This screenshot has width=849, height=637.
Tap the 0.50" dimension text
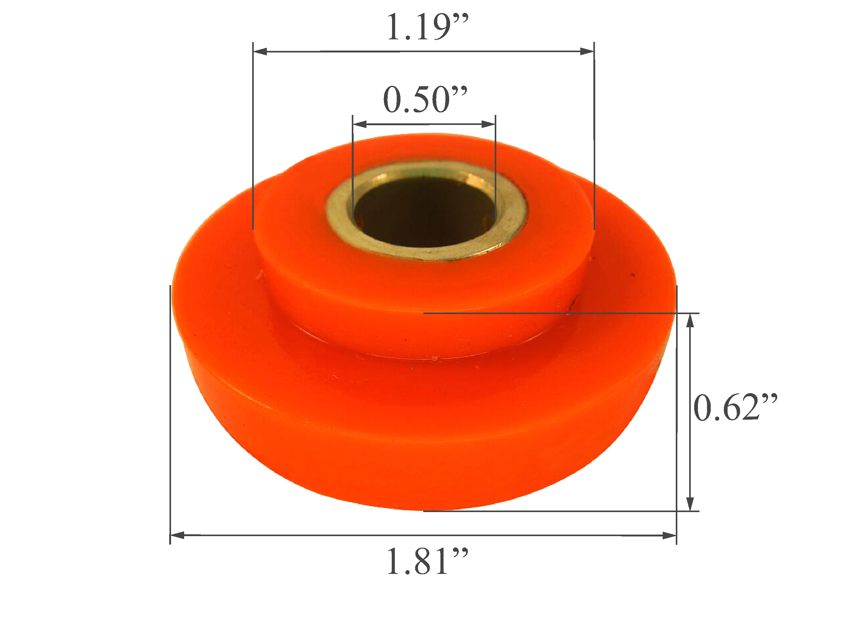pyautogui.click(x=425, y=100)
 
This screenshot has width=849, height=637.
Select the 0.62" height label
pyautogui.click(x=735, y=408)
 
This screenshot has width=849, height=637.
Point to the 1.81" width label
pyautogui.click(x=427, y=562)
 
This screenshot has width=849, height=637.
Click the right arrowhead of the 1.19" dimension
pyautogui.click(x=587, y=52)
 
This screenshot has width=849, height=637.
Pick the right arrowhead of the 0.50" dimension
pyautogui.click(x=488, y=124)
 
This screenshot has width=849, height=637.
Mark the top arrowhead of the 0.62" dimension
pyautogui.click(x=690, y=320)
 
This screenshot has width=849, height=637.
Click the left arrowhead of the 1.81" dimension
pyautogui.click(x=177, y=535)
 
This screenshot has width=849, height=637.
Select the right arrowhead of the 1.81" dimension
pyautogui.click(x=670, y=535)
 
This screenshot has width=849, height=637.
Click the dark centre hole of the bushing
pyautogui.click(x=424, y=215)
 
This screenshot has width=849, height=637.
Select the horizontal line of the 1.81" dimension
pyautogui.click(x=422, y=535)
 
